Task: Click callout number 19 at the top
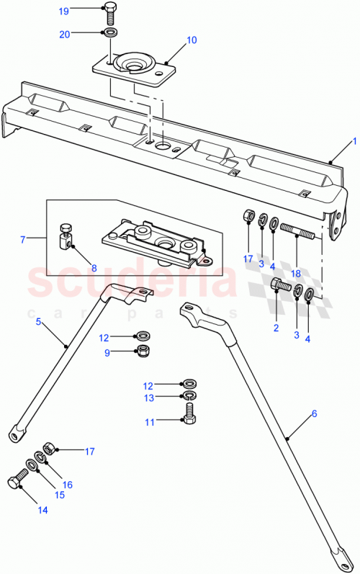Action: (x=84, y=11)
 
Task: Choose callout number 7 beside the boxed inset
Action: (x=23, y=238)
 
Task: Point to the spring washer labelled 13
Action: (x=188, y=396)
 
